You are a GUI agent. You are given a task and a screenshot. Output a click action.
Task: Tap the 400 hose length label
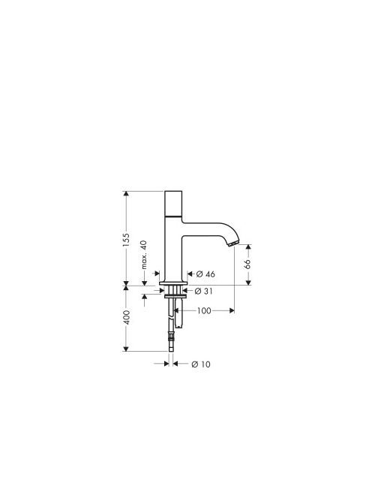click(126, 317)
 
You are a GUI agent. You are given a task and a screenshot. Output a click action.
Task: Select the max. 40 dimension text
click(144, 255)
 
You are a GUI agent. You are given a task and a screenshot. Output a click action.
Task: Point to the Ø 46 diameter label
click(205, 274)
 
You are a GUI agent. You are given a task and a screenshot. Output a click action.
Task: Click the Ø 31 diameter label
click(204, 291)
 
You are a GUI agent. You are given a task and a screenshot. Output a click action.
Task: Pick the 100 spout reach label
click(204, 310)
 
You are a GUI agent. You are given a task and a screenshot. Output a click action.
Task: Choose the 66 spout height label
click(247, 264)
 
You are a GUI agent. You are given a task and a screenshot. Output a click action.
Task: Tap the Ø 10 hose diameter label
click(201, 364)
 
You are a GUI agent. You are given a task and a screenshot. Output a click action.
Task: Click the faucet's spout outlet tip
click(233, 243)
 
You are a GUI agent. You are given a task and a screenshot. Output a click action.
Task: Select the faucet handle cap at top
click(174, 204)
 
